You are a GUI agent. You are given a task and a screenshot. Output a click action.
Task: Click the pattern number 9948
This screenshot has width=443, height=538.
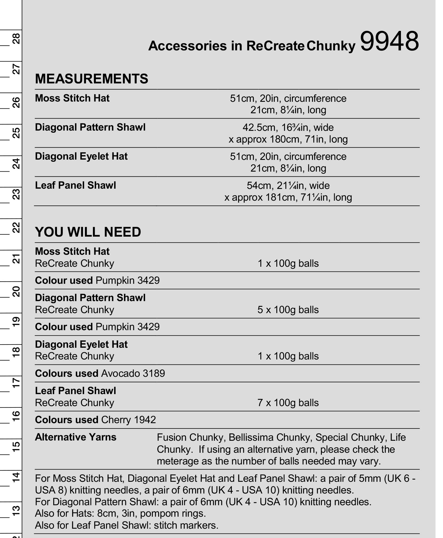[x=389, y=41]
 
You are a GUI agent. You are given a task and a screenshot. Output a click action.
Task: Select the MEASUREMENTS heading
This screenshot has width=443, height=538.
[x=92, y=79]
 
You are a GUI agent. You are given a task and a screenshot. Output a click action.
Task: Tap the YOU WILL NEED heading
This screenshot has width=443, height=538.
[x=88, y=232]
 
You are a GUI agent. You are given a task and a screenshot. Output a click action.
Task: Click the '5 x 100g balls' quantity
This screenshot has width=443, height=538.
[x=288, y=310]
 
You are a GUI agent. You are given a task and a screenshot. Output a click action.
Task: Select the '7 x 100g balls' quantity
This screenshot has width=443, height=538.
[x=288, y=403]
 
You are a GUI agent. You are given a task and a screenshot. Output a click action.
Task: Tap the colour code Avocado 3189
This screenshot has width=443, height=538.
[x=133, y=373]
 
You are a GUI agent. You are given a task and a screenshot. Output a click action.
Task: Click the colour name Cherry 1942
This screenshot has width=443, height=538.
[x=129, y=420]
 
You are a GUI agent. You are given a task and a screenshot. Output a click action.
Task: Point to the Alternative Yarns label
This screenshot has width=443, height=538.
[x=76, y=437]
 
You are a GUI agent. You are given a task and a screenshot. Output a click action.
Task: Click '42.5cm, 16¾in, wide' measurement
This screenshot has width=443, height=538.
[x=288, y=127]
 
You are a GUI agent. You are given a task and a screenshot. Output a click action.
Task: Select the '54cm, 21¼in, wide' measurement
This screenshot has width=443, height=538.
[x=288, y=185]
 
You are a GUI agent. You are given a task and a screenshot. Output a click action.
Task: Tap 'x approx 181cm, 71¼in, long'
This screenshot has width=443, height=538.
[x=288, y=197]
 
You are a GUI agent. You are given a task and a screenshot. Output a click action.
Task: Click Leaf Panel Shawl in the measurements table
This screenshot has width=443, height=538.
[x=76, y=185]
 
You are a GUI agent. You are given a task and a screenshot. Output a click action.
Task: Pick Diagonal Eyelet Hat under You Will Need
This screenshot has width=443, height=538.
[x=81, y=344]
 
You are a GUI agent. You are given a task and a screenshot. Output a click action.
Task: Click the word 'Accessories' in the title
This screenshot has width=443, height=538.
[x=187, y=46]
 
